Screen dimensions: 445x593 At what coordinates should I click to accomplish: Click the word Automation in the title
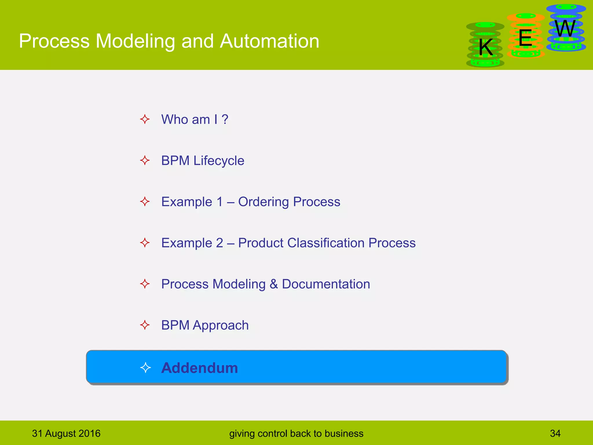point(269,41)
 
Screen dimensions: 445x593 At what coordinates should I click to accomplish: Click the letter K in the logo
point(486,47)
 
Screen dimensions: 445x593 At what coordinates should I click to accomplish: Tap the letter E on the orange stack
point(525,38)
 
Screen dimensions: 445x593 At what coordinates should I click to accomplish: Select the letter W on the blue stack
point(565,29)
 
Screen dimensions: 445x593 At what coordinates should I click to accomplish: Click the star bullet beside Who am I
point(145,119)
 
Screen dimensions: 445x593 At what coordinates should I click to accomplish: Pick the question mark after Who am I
point(225,119)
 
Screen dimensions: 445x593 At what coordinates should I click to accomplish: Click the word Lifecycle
point(219,161)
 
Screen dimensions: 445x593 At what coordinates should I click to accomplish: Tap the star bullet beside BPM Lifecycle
point(145,160)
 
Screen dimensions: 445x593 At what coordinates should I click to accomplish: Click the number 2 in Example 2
point(219,243)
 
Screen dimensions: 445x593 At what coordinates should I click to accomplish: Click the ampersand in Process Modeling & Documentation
point(274,284)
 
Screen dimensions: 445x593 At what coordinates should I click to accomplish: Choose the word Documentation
point(326,284)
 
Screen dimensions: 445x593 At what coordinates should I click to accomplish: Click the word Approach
point(221,325)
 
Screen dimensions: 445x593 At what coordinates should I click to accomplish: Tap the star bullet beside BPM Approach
point(145,325)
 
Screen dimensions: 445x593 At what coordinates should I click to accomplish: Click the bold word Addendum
point(200,368)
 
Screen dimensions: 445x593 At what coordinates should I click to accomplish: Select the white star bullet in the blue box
point(145,368)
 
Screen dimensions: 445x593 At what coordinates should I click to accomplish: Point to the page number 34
point(555,433)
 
